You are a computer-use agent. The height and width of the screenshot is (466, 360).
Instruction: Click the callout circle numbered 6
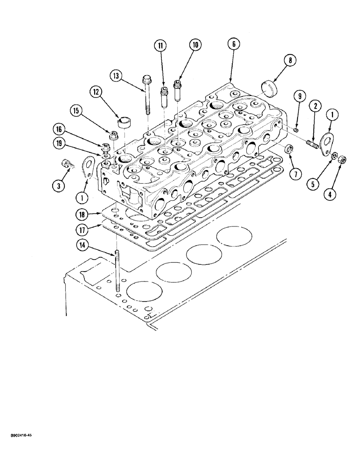[234, 44]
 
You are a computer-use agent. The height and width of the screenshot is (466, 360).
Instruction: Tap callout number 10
[194, 45]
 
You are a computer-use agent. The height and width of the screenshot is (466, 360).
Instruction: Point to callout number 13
[117, 76]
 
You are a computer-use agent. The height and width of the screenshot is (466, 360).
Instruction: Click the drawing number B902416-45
[19, 434]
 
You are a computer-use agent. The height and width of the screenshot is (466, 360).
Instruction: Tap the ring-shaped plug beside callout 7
[289, 149]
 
